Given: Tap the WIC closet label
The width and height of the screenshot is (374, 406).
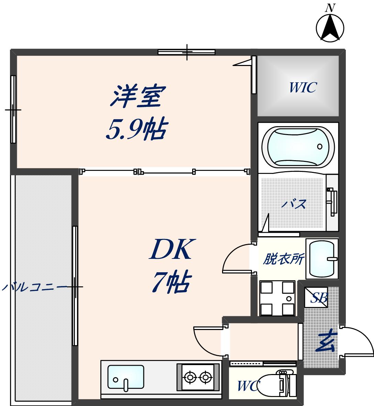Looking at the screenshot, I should coord(302,88).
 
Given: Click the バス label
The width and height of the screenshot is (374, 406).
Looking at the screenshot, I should coord(294,204).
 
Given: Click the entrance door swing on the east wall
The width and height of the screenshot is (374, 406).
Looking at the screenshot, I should coord(357,342).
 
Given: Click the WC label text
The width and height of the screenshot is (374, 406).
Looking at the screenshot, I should coord(249,386).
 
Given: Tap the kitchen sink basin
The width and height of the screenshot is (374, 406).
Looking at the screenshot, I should coord(126,377).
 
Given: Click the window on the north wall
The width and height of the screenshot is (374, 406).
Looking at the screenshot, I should coord(187,52).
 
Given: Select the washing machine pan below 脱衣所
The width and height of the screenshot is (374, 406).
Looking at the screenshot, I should coord(277,298).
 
